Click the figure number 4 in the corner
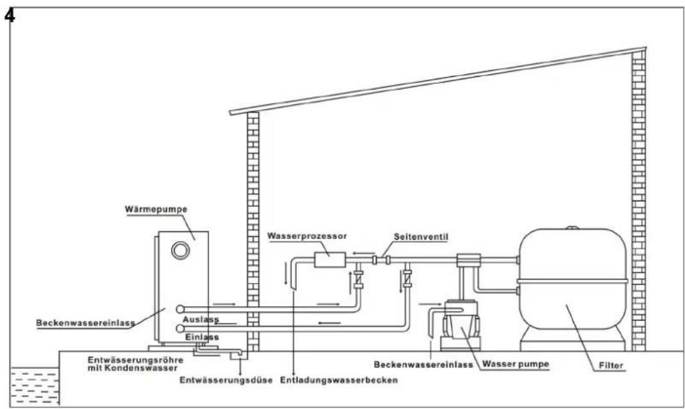tap(10, 14)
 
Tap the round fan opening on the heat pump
tap(181, 250)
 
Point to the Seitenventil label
tap(415, 236)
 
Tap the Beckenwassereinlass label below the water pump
tap(423, 366)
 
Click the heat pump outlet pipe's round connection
tap(181, 309)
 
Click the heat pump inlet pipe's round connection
tap(181, 328)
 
